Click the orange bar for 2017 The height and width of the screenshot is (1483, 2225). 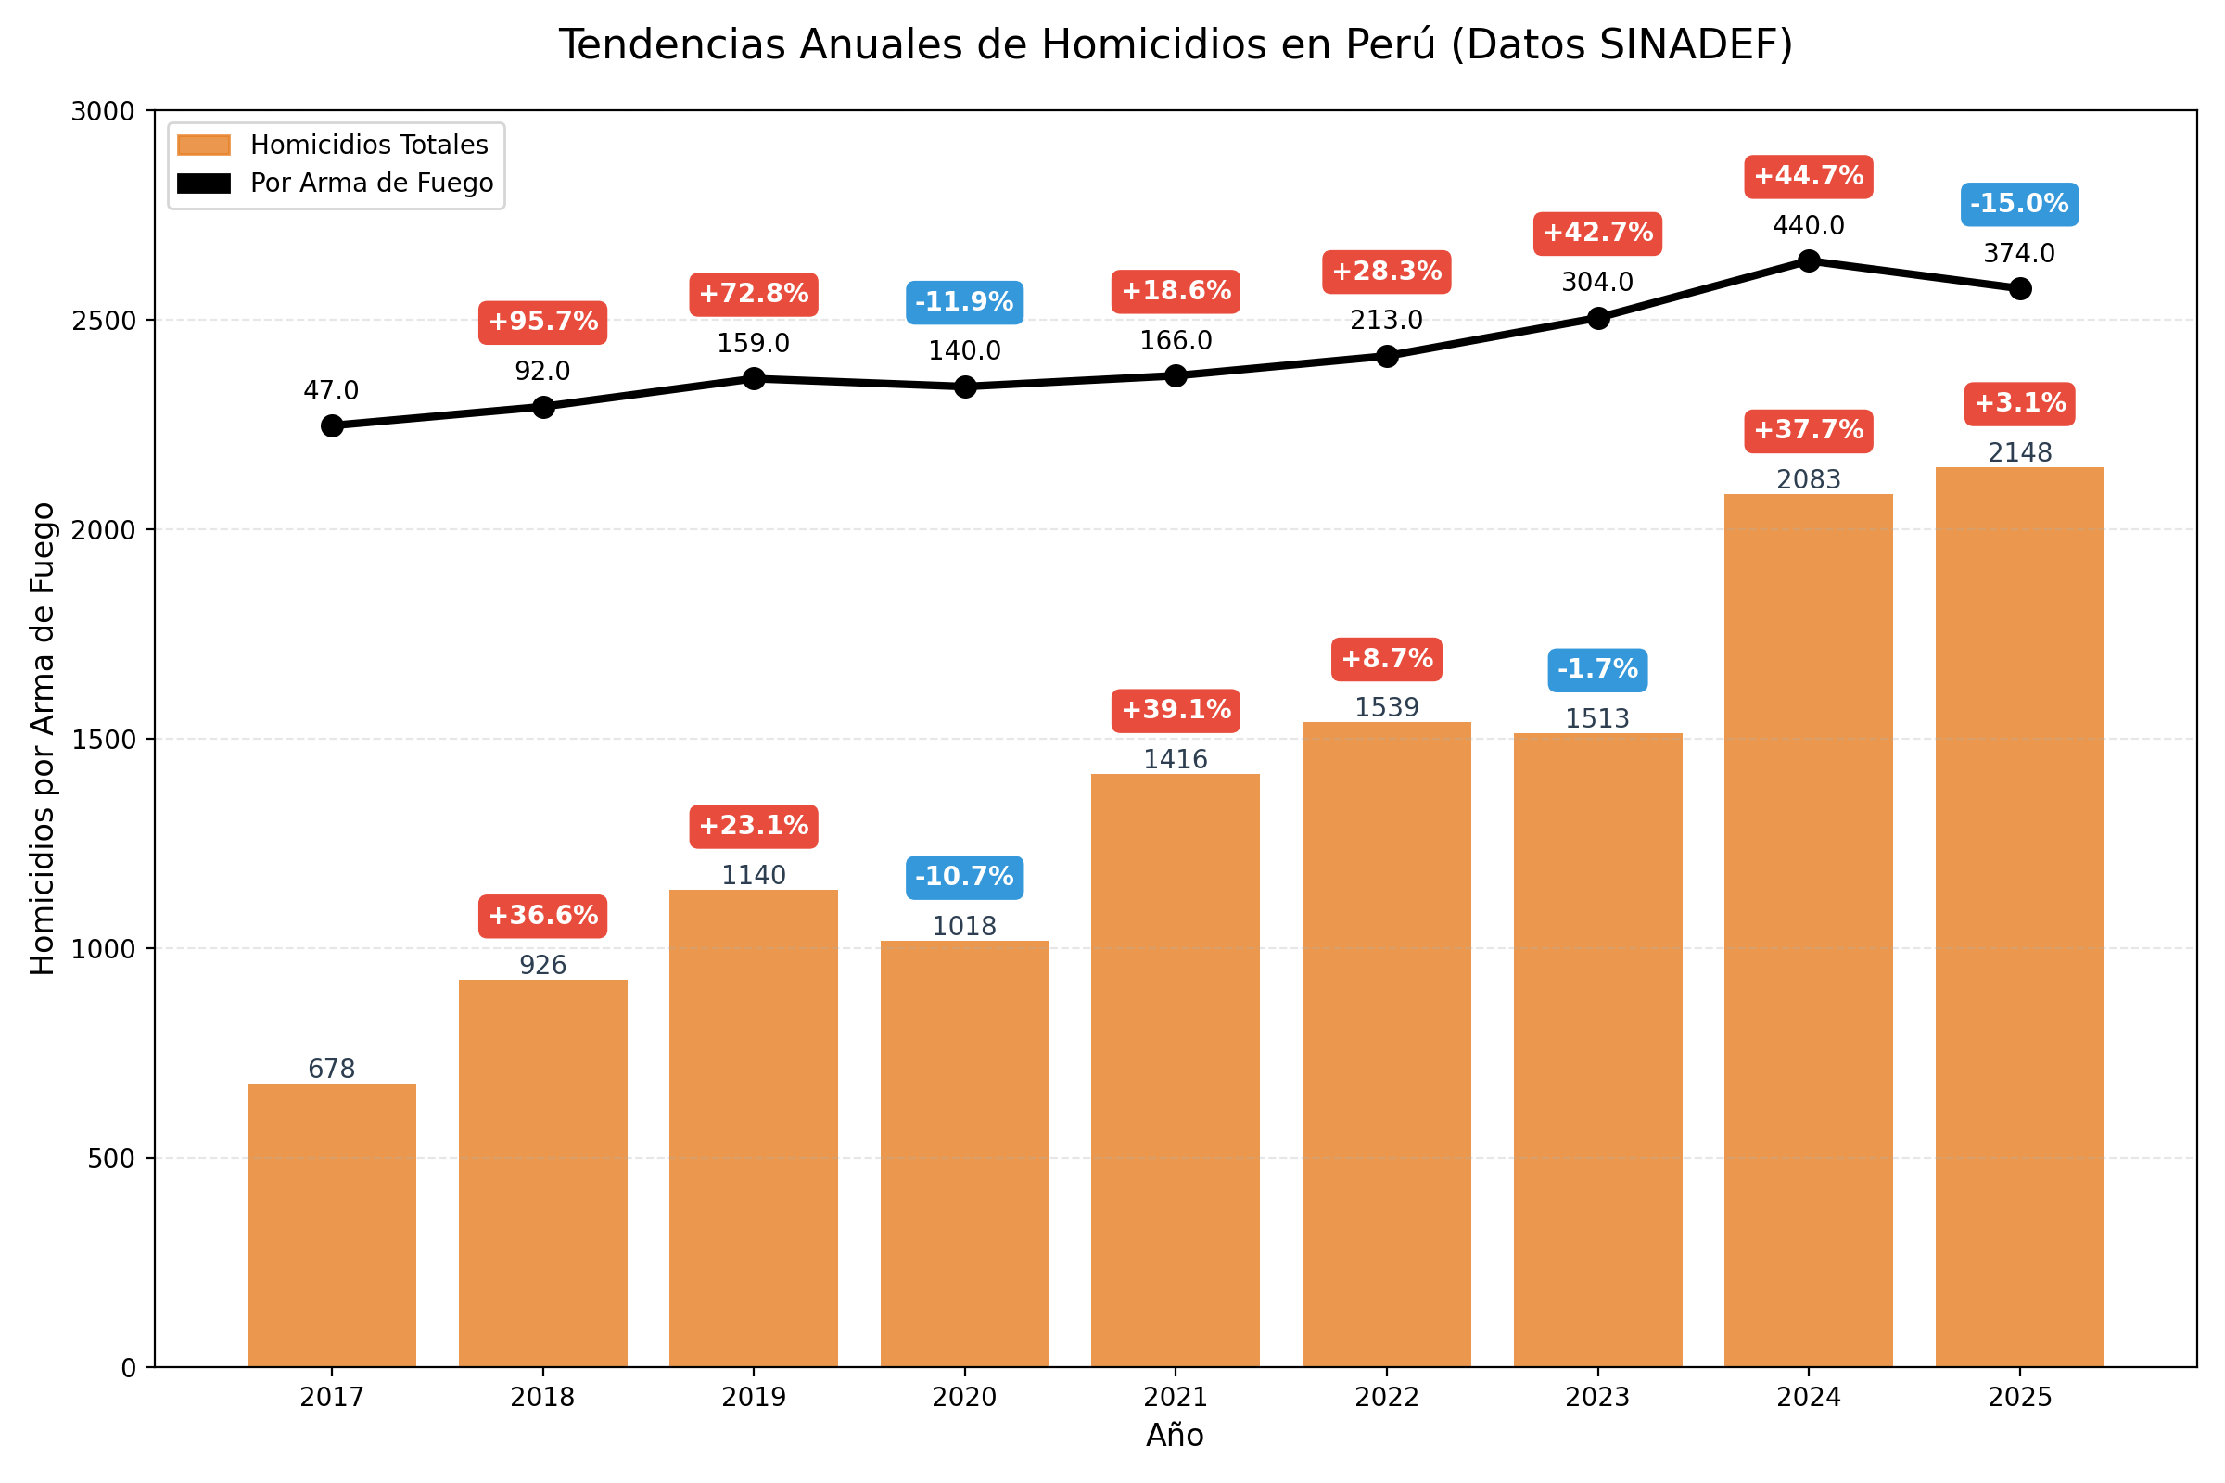332,1224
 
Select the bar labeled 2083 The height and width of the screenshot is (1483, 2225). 1808,932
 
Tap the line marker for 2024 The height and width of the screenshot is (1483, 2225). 1808,260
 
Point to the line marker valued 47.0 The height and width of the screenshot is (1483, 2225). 332,425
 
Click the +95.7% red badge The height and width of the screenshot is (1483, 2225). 543,323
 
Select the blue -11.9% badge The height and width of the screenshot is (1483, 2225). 964,303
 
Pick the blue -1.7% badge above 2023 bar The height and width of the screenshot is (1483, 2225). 1596,669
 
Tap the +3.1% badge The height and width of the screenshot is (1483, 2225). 2019,404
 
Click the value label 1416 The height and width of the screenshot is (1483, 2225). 1175,759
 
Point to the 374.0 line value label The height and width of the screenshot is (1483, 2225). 2019,253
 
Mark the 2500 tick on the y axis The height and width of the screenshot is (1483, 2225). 104,321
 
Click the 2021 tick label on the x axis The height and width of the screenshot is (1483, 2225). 1175,1398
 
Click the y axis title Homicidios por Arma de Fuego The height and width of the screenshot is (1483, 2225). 43,739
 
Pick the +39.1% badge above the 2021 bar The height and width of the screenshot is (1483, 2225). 1175,710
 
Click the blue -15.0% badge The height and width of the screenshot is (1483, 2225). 2019,204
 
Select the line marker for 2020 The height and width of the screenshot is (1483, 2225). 964,386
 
